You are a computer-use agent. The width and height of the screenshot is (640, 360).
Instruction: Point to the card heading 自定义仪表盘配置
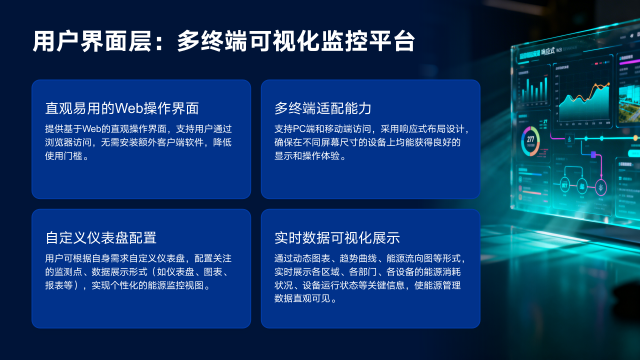pyautogui.click(x=101, y=237)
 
